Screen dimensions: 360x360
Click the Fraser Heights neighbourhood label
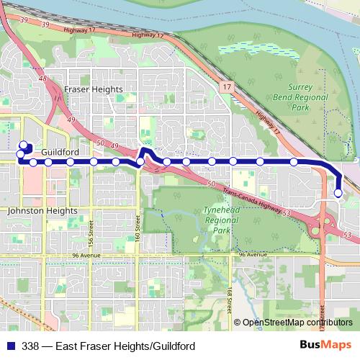point(93,89)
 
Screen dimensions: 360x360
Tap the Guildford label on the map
point(60,153)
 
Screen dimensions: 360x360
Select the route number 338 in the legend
point(32,346)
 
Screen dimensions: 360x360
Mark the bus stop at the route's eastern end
point(338,193)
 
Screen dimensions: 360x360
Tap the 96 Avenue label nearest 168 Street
point(252,255)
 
